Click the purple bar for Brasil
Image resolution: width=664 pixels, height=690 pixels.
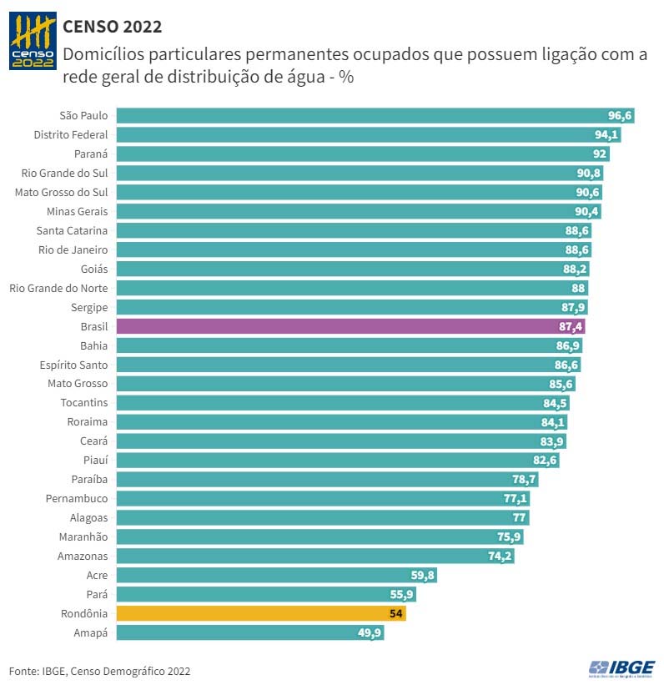coord(350,326)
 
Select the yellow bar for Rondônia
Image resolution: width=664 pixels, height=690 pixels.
coord(261,613)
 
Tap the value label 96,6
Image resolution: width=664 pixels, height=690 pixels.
coord(620,115)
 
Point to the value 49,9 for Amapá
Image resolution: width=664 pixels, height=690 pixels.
coord(368,633)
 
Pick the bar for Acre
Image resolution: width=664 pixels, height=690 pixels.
coord(276,575)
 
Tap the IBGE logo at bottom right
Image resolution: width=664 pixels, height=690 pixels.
coord(622,667)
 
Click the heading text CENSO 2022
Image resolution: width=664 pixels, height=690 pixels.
coord(112,28)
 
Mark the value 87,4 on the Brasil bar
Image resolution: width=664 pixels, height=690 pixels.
coord(571,326)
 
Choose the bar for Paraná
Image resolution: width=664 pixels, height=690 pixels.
coord(363,154)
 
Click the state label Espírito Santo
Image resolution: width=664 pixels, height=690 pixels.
coord(73,365)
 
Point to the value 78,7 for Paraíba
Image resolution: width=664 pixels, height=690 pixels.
coord(524,480)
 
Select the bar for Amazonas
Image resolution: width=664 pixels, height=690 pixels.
coord(315,556)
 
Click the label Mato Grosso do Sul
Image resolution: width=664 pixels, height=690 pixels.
coord(62,192)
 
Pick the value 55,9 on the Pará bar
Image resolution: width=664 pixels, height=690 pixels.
coord(400,595)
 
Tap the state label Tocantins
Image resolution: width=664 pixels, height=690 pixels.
coord(83,403)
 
